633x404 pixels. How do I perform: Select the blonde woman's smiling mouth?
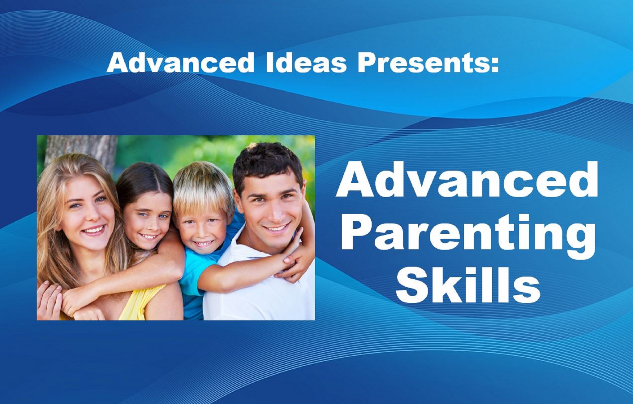93,230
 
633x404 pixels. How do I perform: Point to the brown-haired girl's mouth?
149,237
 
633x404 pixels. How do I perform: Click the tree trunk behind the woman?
82,151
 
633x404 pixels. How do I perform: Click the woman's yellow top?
140,304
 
